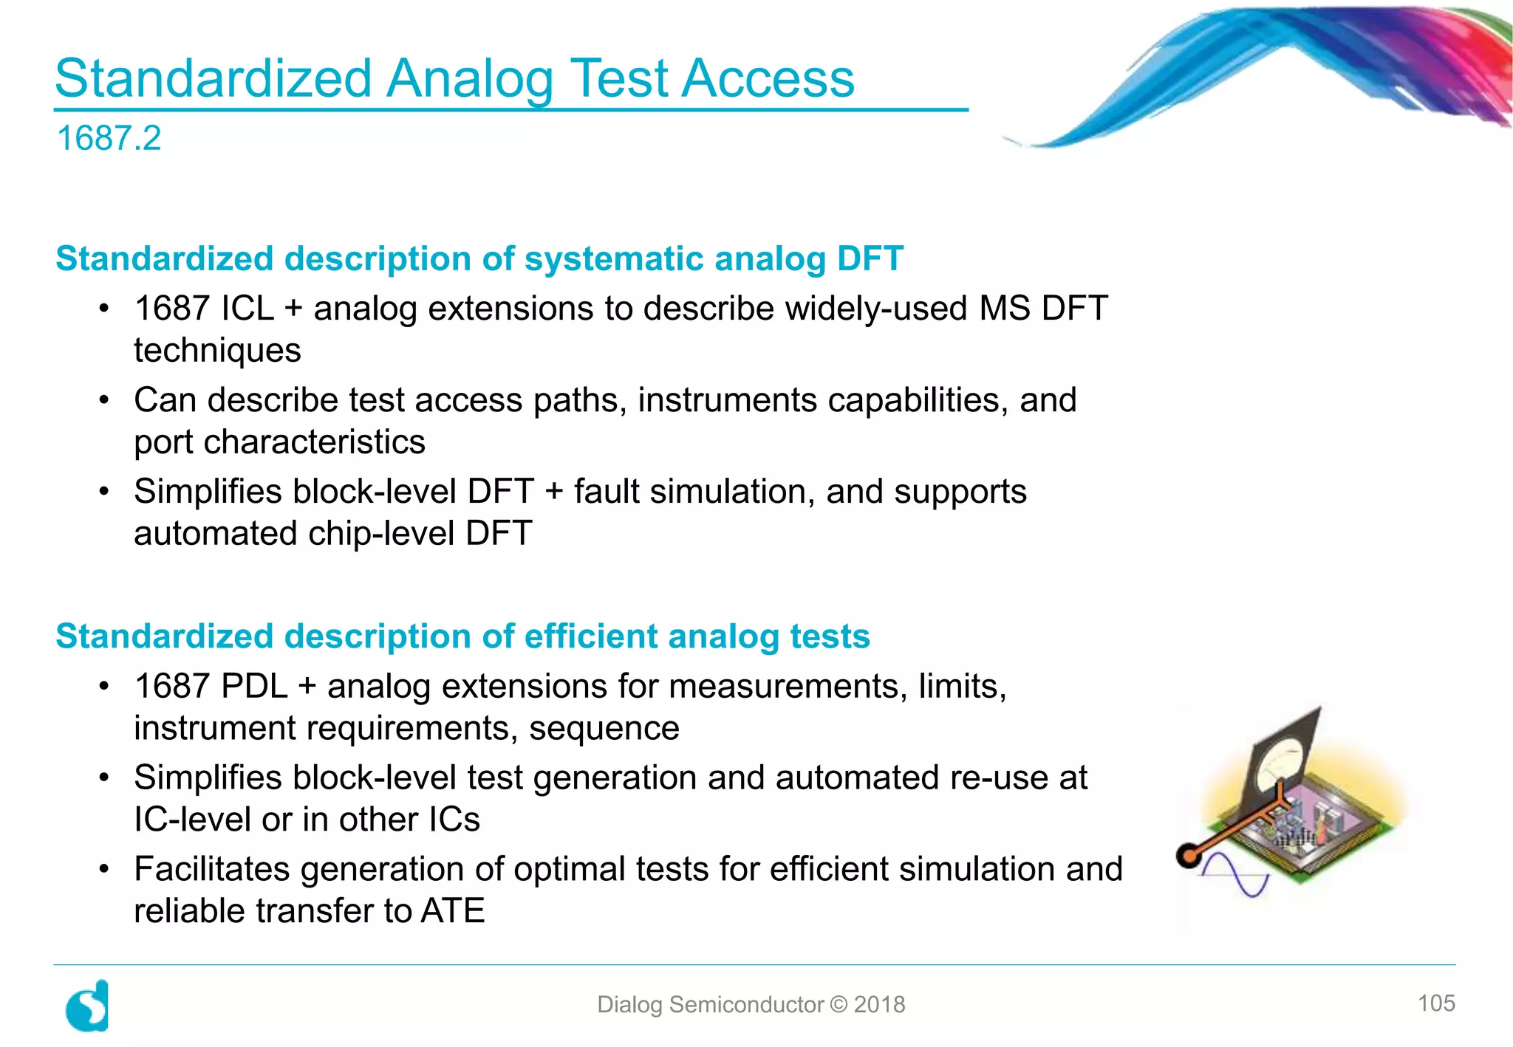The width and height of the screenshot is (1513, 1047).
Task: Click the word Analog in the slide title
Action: (x=469, y=80)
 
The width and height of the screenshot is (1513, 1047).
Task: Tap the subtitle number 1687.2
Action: (x=109, y=139)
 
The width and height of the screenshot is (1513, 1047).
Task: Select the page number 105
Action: (x=1435, y=1003)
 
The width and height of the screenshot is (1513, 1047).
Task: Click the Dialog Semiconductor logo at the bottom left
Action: (x=88, y=1006)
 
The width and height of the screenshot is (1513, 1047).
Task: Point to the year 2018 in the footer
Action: (x=879, y=1005)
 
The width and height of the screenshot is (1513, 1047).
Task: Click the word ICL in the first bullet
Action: (x=247, y=309)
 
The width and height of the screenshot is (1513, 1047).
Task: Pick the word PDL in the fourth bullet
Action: (x=254, y=687)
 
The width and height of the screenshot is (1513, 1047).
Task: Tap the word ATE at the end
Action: (x=452, y=911)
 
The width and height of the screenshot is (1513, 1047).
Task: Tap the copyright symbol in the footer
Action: (x=839, y=1005)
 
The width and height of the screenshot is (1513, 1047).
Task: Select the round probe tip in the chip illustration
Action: (x=1189, y=856)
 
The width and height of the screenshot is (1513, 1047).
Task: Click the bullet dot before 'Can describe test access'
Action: (x=104, y=401)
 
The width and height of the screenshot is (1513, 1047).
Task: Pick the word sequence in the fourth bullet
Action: (x=604, y=729)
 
